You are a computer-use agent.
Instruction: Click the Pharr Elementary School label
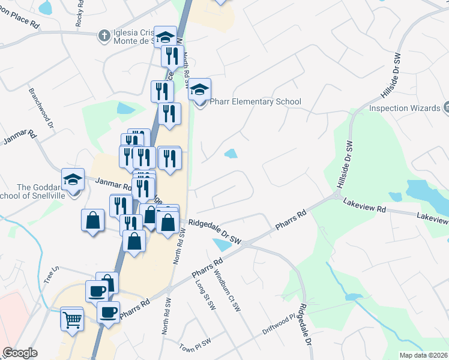point(255,102)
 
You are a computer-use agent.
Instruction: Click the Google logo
point(20,353)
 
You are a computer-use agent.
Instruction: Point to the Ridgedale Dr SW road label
point(214,232)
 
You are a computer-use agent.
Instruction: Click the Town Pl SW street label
point(195,346)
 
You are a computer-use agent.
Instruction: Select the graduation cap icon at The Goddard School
point(73,179)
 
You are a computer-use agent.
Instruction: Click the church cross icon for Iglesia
point(104,34)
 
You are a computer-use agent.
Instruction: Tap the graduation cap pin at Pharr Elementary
point(199,90)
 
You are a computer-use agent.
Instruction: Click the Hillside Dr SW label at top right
point(390,78)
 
